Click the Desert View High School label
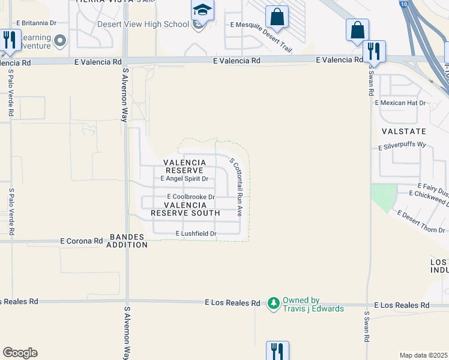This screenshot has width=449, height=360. click(x=143, y=25)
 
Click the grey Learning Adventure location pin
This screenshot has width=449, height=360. click(x=59, y=41)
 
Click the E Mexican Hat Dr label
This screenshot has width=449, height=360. click(x=400, y=103)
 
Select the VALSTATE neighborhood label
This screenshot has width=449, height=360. click(x=403, y=131)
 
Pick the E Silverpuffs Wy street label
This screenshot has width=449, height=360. click(x=402, y=146)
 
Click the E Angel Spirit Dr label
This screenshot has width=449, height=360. click(x=184, y=179)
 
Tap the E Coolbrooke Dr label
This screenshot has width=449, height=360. click(x=190, y=197)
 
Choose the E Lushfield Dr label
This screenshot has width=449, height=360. click(x=196, y=233)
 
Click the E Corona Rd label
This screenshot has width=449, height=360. click(x=82, y=241)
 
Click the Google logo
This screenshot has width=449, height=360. click(x=20, y=353)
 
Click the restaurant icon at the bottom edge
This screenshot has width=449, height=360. click(x=277, y=350)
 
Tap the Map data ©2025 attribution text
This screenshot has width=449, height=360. click(x=423, y=355)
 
